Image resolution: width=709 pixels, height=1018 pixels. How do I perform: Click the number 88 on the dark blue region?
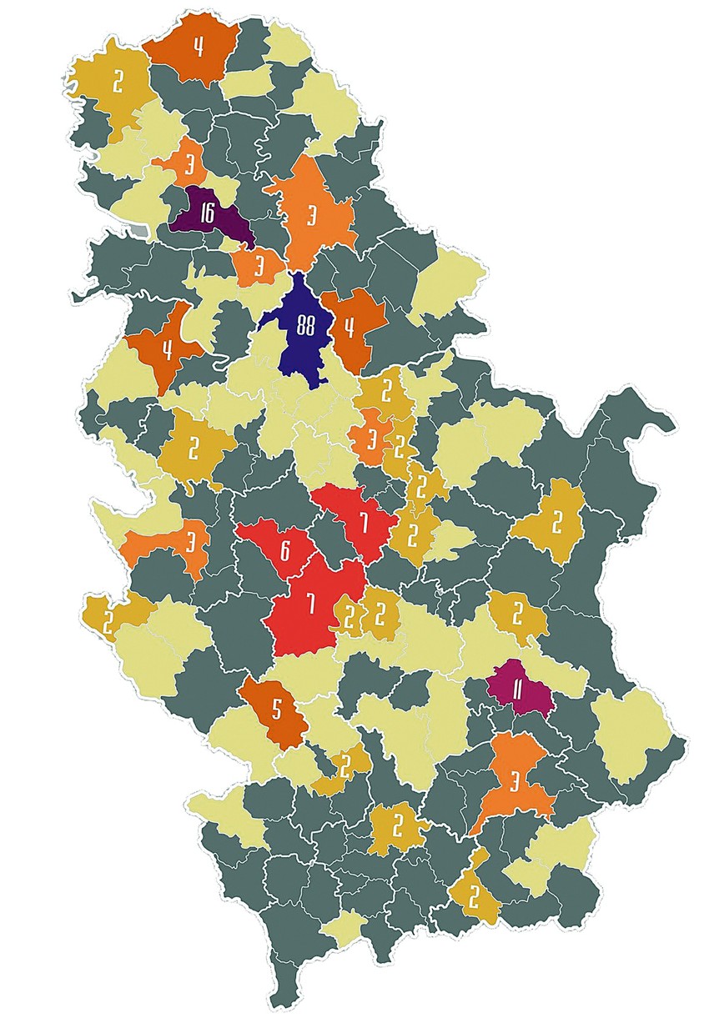pos(304,326)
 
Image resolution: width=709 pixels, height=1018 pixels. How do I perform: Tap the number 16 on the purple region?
pos(207,213)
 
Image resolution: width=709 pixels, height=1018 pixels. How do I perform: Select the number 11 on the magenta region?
pos(517,690)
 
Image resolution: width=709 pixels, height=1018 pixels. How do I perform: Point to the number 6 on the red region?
pos(284,549)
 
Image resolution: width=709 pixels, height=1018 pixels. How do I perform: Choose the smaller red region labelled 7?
pos(363,523)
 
